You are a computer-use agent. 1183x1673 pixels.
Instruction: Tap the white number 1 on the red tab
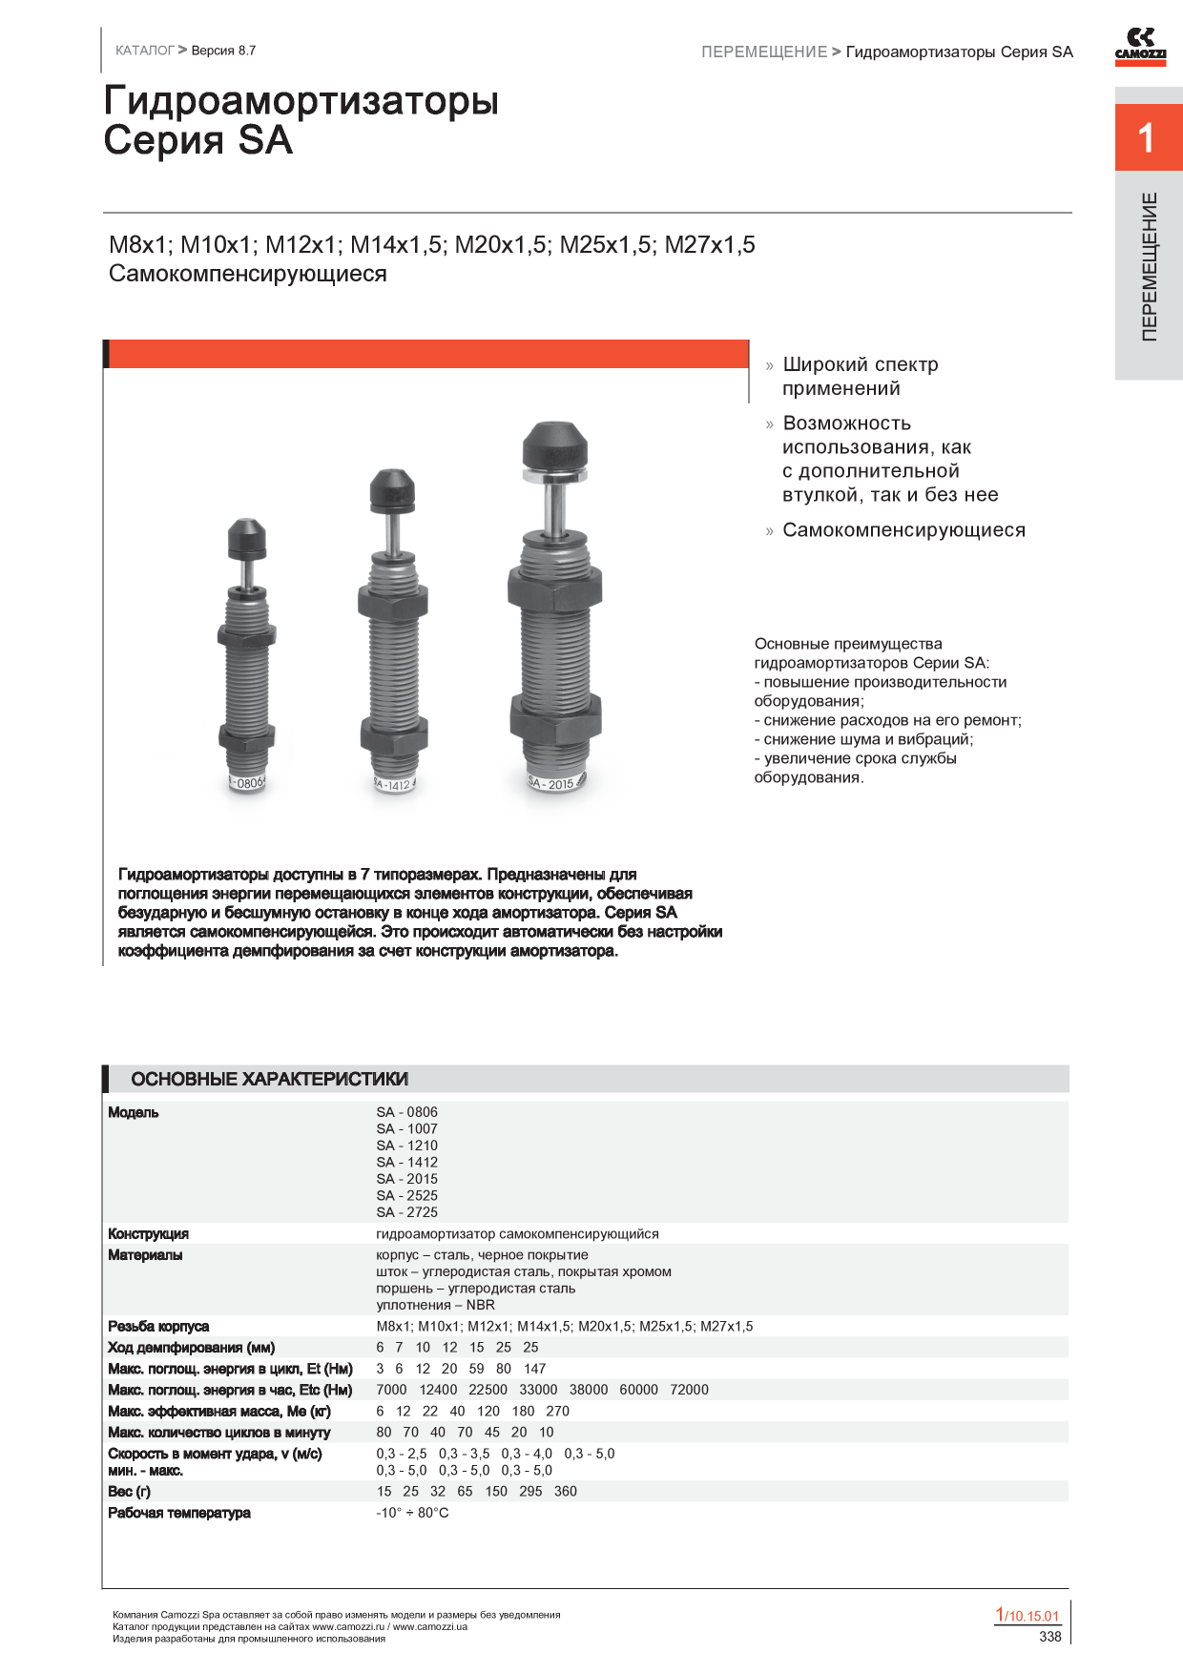(x=1147, y=139)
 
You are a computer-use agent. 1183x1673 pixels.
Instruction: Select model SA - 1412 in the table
(x=406, y=1163)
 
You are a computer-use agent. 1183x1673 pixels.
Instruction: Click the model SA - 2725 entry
(x=406, y=1212)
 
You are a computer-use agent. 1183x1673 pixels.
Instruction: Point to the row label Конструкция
(x=148, y=1234)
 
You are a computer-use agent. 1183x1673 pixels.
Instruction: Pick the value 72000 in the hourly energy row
(x=689, y=1390)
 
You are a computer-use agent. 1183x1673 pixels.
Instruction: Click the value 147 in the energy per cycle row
(x=534, y=1369)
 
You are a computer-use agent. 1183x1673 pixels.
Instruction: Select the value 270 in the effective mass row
(x=557, y=1412)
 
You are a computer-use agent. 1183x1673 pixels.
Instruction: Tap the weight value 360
(x=565, y=1492)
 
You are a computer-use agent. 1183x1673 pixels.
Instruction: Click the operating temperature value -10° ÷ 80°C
(x=412, y=1514)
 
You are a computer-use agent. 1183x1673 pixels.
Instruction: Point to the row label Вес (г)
(x=129, y=1492)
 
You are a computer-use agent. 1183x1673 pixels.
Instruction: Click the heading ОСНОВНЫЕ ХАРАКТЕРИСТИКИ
(x=269, y=1080)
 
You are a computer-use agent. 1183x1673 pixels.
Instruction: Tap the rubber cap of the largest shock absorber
(x=554, y=444)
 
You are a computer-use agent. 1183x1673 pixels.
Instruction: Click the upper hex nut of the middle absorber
(x=393, y=602)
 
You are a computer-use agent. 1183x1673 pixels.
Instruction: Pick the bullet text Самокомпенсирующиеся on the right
(x=903, y=530)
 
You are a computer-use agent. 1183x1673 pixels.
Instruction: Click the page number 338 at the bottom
(x=1049, y=1637)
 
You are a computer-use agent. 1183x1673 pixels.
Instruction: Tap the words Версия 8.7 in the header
(x=223, y=51)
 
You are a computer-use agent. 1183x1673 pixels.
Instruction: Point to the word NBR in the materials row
(x=480, y=1305)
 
